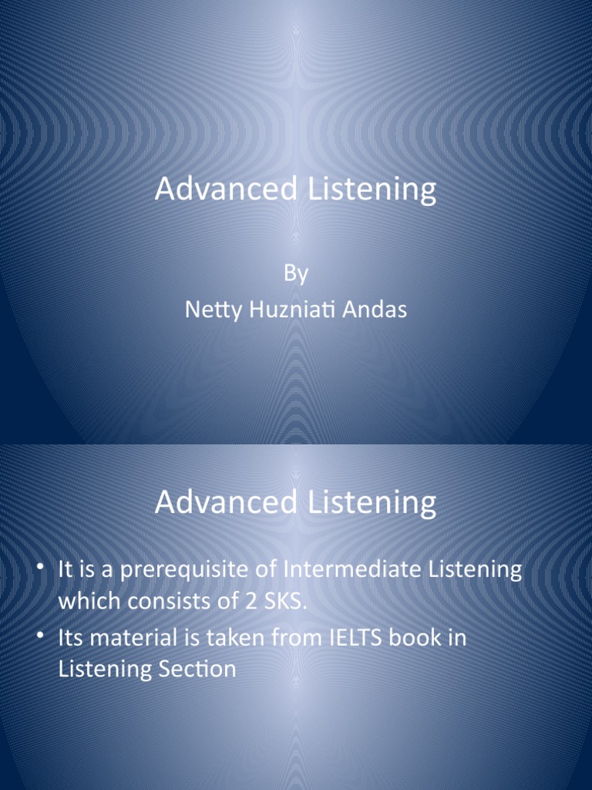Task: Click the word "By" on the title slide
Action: pyautogui.click(x=296, y=274)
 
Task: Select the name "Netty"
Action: pyautogui.click(x=212, y=311)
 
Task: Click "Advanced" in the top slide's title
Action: pyautogui.click(x=224, y=189)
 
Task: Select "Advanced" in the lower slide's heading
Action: pyautogui.click(x=224, y=503)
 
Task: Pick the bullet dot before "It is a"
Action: pyautogui.click(x=42, y=569)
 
